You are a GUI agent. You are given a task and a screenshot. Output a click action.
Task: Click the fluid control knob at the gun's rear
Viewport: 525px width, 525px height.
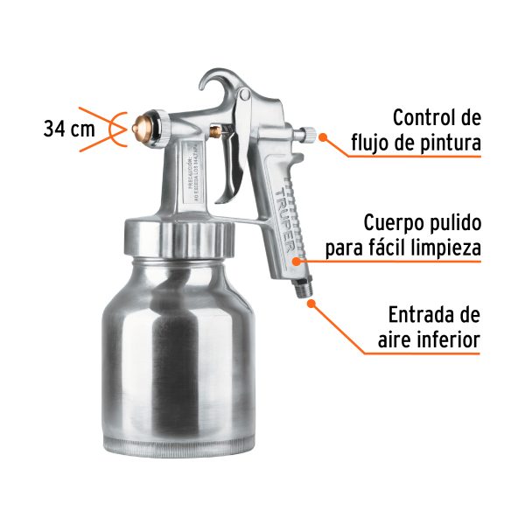tap(308, 135)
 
